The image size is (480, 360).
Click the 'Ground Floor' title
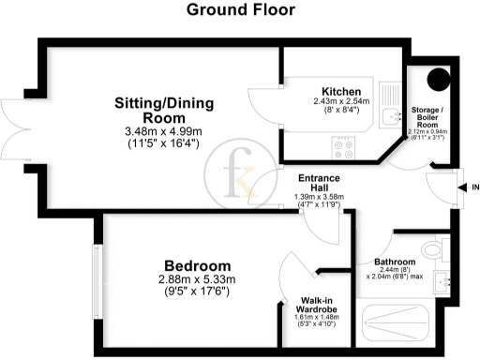pyautogui.click(x=240, y=10)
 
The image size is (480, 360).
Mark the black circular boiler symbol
pyautogui.click(x=436, y=81)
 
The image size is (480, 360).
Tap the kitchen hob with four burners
pyautogui.click(x=342, y=145)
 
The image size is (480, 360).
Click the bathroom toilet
pyautogui.click(x=432, y=249)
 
